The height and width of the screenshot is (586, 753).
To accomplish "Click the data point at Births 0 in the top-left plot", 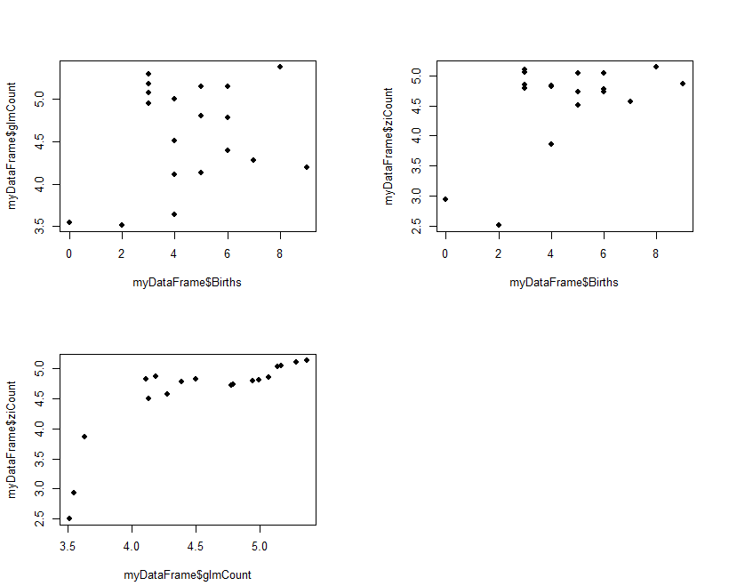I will tap(69, 222).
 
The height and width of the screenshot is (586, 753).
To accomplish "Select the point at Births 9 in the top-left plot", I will tap(307, 167).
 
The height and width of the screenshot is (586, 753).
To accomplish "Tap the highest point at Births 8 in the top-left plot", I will tap(280, 67).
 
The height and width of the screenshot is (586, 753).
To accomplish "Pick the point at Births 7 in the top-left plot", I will tap(253, 160).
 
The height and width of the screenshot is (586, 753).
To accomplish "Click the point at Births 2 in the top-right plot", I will tap(499, 225).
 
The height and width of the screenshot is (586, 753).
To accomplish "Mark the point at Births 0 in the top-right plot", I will tap(445, 199).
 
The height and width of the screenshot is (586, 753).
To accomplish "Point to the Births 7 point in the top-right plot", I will tap(630, 101).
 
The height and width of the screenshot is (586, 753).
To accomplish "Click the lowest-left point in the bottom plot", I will tap(69, 518).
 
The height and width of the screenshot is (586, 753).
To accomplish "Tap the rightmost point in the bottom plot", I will tap(307, 360).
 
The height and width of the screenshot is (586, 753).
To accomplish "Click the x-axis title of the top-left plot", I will tap(188, 283).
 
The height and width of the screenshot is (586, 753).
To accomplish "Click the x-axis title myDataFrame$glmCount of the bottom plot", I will tap(188, 575).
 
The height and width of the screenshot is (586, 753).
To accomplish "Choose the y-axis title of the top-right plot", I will tap(389, 147).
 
